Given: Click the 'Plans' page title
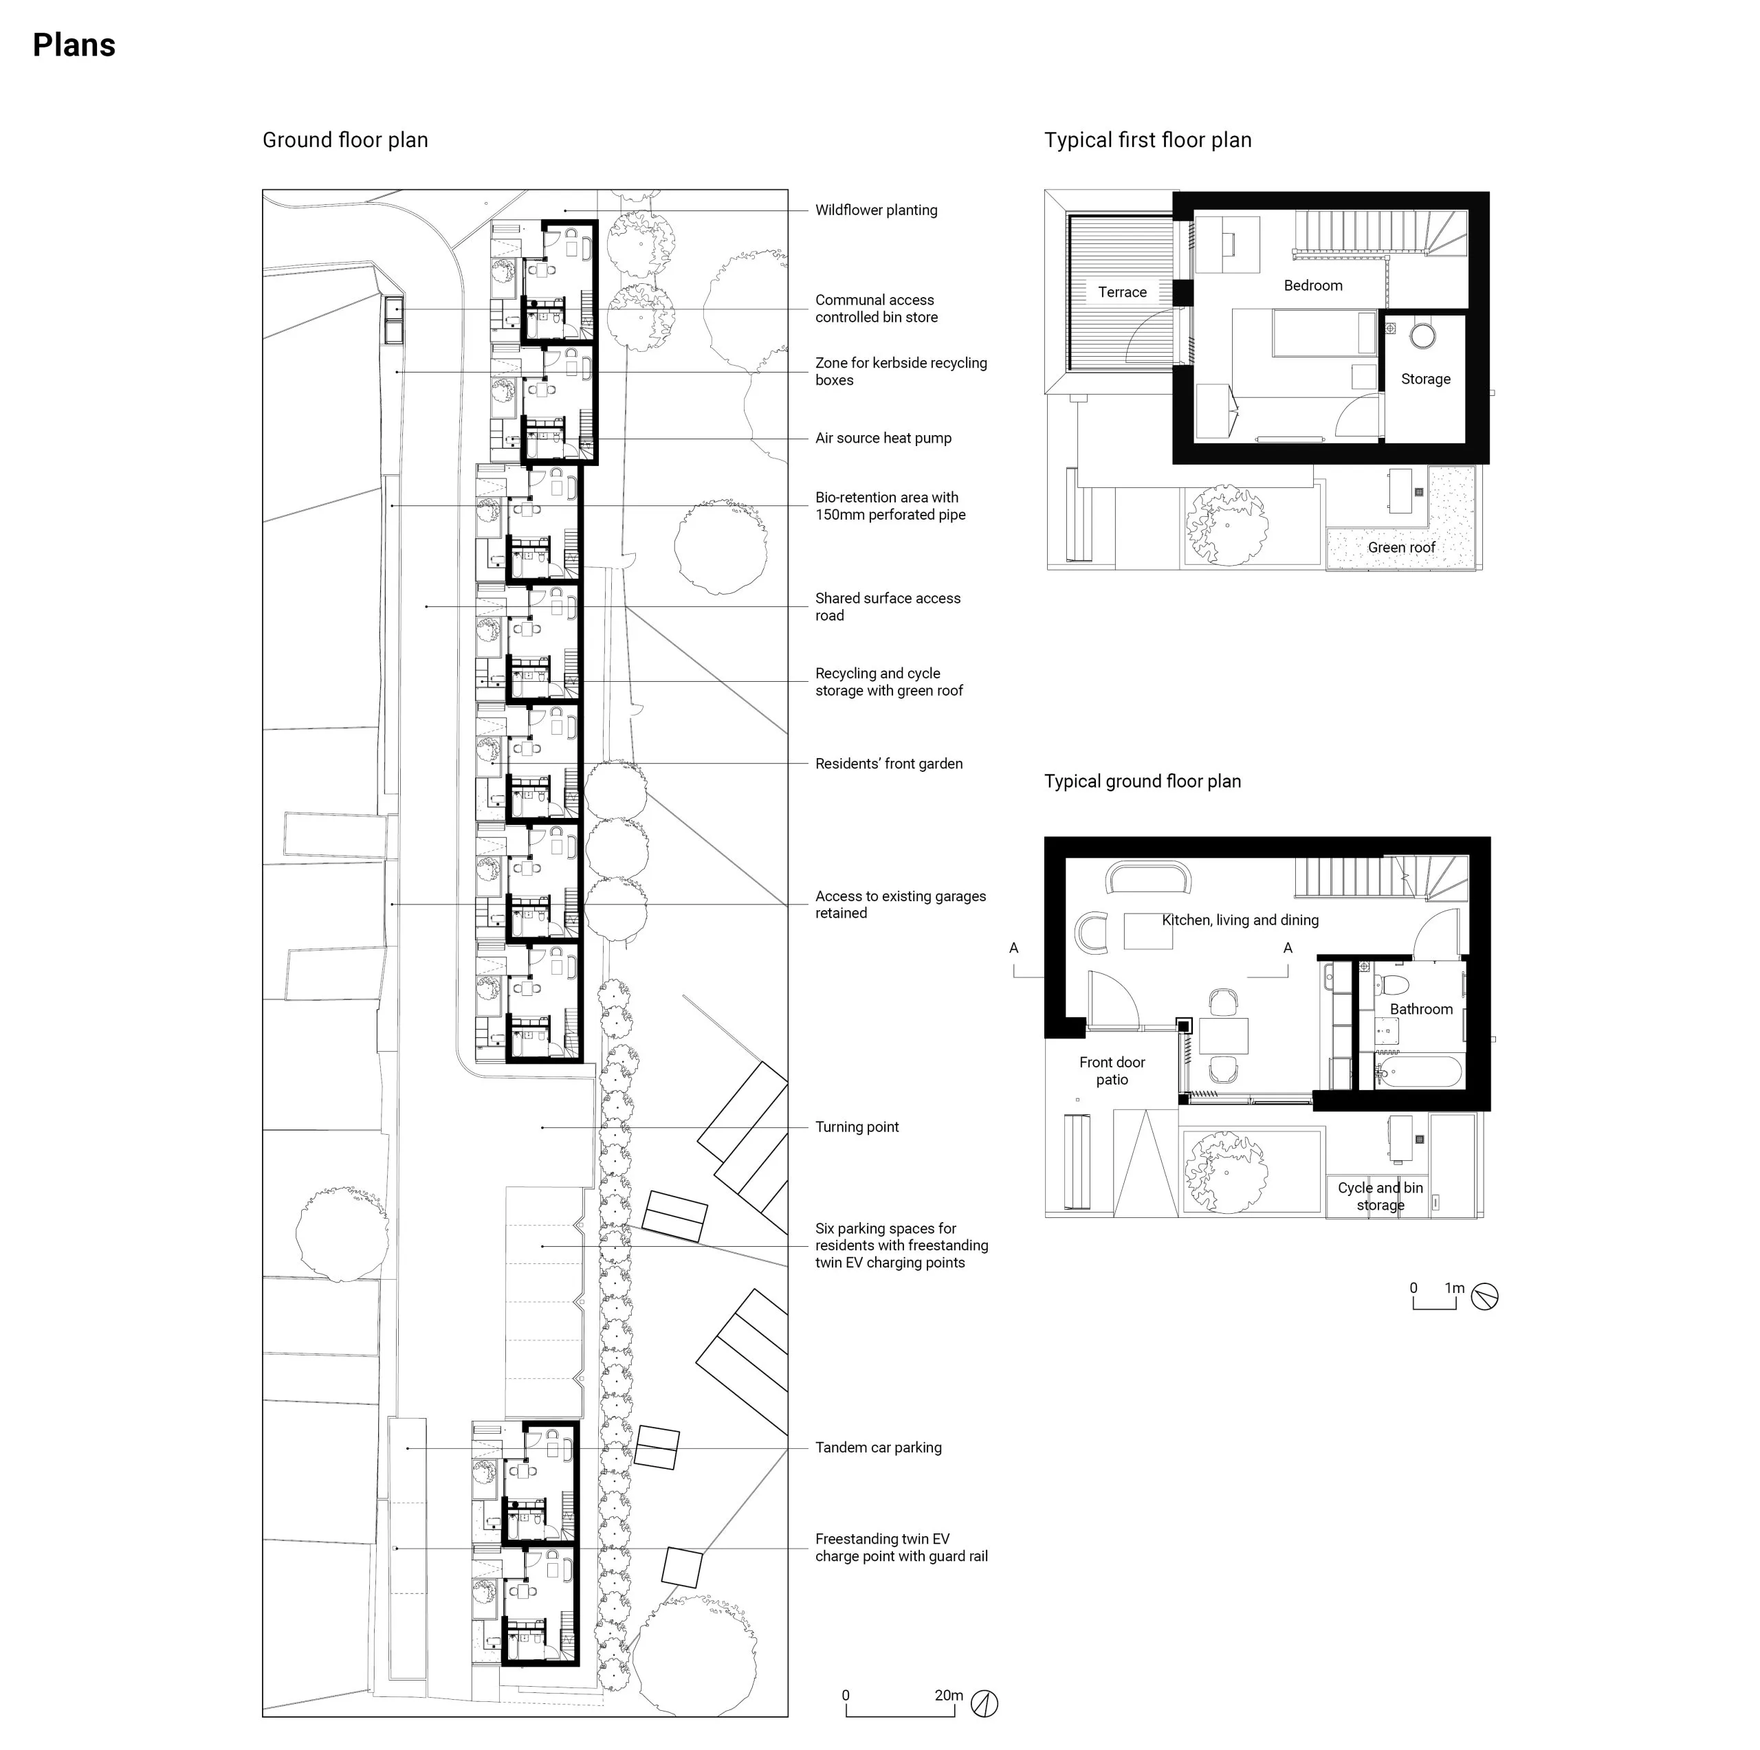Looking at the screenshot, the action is [74, 45].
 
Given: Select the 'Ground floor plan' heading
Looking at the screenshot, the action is [345, 140].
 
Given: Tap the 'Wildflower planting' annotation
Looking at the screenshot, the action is [877, 210].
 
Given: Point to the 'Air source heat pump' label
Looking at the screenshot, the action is [883, 438].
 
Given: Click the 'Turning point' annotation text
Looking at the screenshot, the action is [857, 1127].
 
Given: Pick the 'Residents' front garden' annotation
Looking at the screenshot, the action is [889, 764].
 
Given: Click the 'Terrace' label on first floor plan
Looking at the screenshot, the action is [1122, 292].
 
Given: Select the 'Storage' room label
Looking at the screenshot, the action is [1426, 379].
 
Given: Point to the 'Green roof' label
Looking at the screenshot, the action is [1401, 548].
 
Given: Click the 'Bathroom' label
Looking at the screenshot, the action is [1421, 1009].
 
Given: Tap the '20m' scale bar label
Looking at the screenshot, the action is [948, 1695].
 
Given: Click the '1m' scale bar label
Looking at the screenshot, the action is [1455, 1288].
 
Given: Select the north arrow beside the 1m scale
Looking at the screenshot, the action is [1485, 1296].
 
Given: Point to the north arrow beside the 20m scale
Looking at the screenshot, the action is [984, 1703].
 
